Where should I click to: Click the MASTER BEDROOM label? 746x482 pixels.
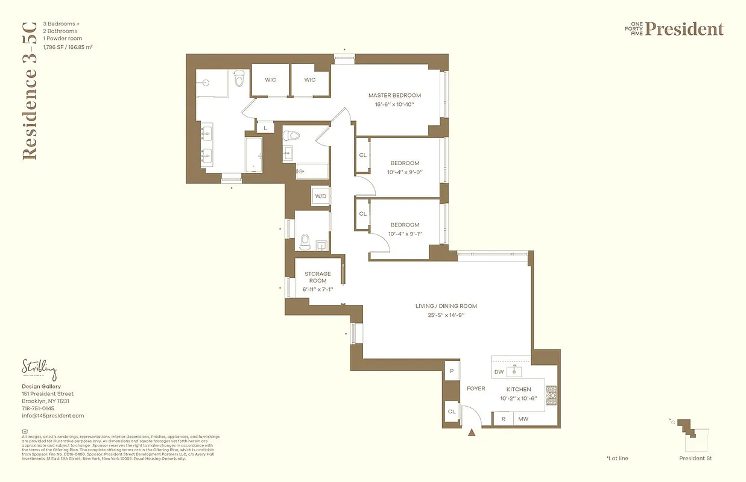pyautogui.click(x=394, y=95)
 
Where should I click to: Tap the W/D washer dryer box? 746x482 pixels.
pyautogui.click(x=320, y=196)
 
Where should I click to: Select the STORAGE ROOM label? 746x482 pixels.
pyautogui.click(x=317, y=277)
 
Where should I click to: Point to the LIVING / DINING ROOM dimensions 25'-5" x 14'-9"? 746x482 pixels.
pyautogui.click(x=446, y=315)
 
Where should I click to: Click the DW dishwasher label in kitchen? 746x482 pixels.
pyautogui.click(x=499, y=372)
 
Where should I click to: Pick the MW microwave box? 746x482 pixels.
pyautogui.click(x=523, y=419)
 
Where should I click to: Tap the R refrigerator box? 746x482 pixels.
pyautogui.click(x=503, y=419)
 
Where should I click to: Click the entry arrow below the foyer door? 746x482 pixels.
pyautogui.click(x=472, y=431)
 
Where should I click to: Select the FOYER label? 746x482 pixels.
pyautogui.click(x=476, y=389)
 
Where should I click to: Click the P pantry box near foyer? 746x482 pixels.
pyautogui.click(x=451, y=372)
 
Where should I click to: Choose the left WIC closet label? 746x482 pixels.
pyautogui.click(x=270, y=80)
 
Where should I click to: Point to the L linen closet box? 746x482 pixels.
pyautogui.click(x=265, y=128)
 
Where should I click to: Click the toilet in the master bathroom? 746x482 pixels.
pyautogui.click(x=239, y=78)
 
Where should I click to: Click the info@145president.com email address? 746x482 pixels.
pyautogui.click(x=53, y=416)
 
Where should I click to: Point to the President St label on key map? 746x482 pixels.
pyautogui.click(x=695, y=459)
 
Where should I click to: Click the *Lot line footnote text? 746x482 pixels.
pyautogui.click(x=617, y=459)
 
